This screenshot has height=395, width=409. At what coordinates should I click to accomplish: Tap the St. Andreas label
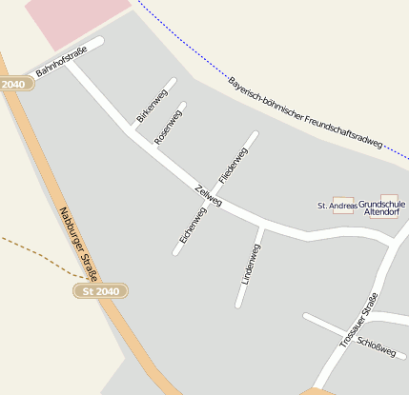click(337, 206)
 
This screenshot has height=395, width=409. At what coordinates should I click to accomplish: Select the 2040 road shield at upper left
click(13, 85)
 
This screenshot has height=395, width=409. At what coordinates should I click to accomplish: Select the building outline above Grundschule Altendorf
click(389, 200)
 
